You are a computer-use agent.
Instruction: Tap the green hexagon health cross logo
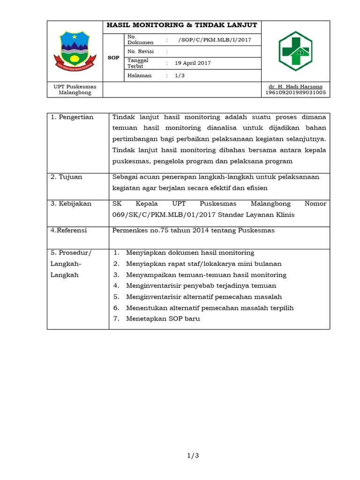click(295, 51)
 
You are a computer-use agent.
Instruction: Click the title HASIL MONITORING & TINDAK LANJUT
click(182, 25)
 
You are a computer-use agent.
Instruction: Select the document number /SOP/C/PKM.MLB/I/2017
click(215, 40)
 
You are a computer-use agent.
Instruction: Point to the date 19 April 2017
click(193, 63)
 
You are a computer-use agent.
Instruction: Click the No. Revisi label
click(141, 52)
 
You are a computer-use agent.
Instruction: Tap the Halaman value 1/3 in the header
click(180, 75)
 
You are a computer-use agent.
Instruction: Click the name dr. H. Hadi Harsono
click(295, 87)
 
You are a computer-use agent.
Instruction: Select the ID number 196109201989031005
click(295, 93)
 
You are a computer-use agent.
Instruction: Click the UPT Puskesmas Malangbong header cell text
click(75, 90)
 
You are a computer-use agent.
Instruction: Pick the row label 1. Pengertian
click(72, 117)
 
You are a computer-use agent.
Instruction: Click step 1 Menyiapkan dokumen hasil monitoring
click(190, 253)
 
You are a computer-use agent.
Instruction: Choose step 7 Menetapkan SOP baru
click(163, 319)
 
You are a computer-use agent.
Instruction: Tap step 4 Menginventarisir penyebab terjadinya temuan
click(201, 285)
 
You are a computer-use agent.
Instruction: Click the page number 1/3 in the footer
click(193, 455)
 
